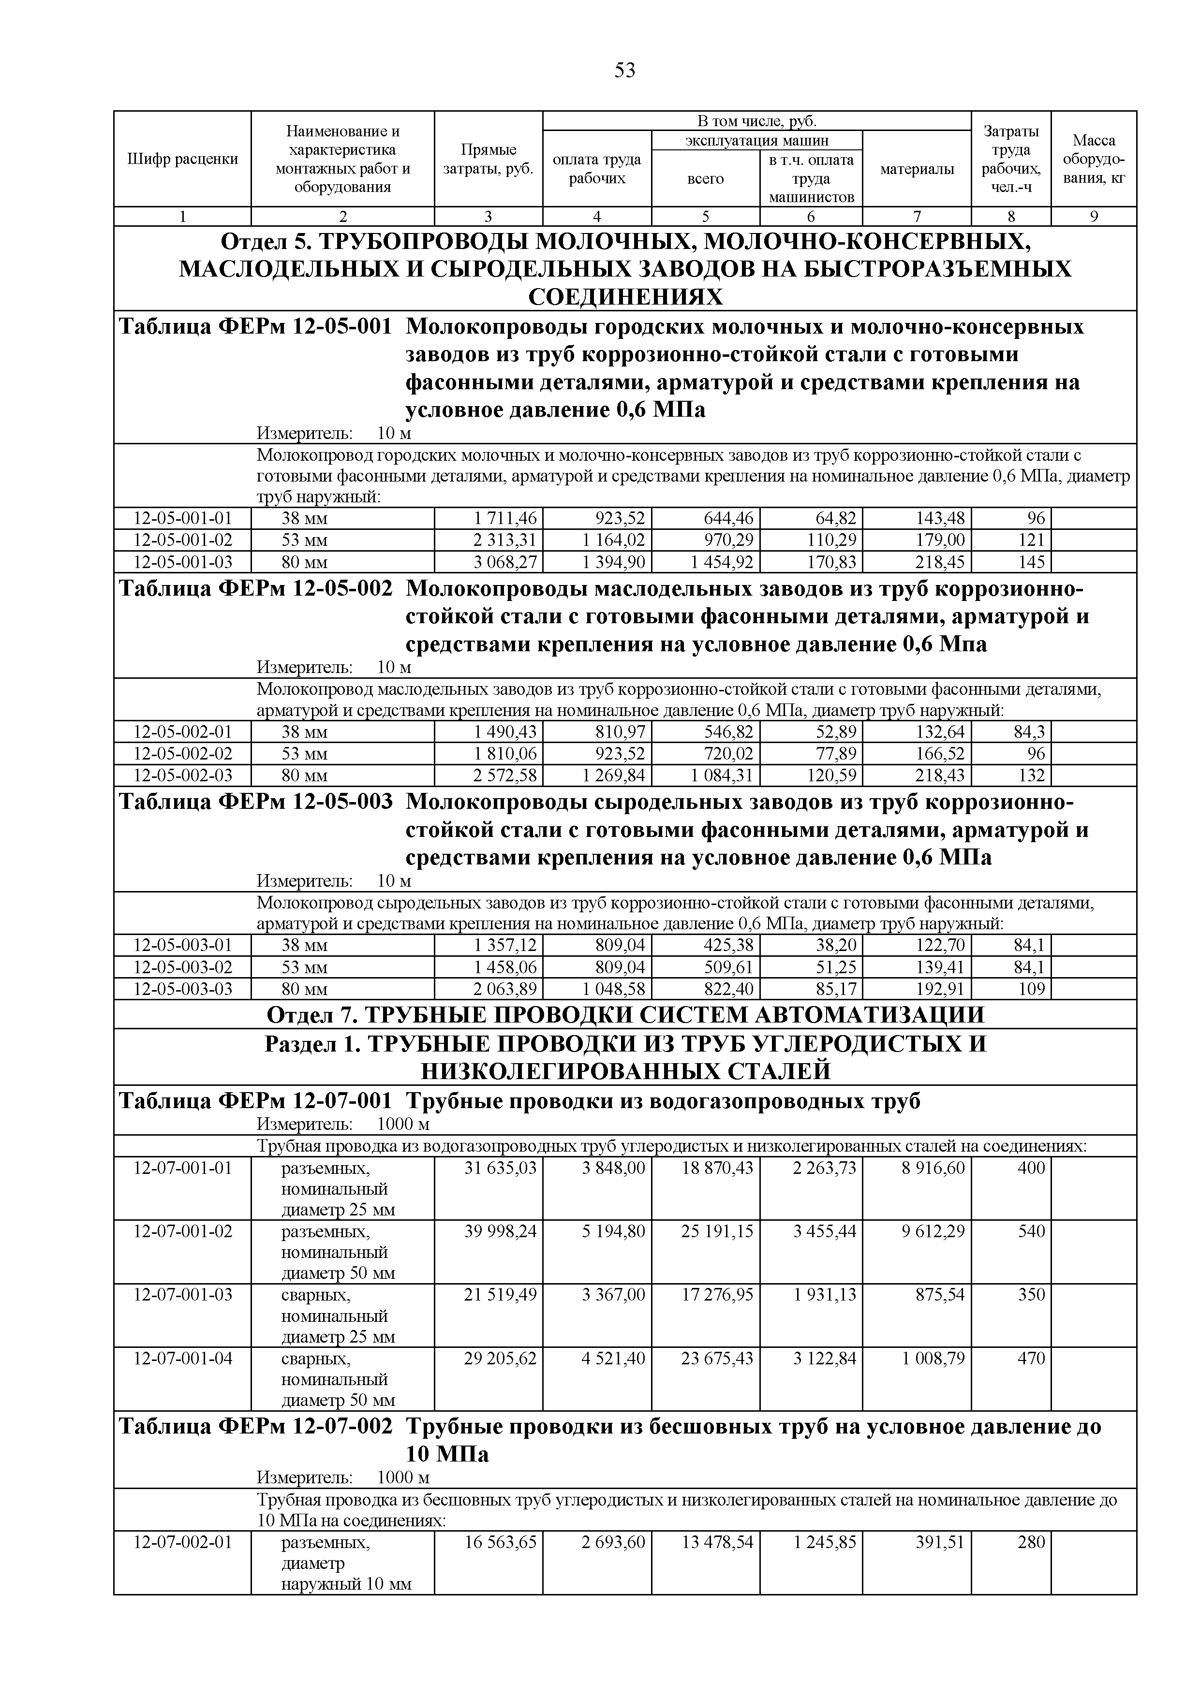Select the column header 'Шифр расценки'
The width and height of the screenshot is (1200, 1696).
[182, 159]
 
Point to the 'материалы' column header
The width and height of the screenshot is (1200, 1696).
[917, 169]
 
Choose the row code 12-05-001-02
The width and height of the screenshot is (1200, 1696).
[182, 540]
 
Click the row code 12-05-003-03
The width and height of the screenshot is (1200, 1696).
[182, 989]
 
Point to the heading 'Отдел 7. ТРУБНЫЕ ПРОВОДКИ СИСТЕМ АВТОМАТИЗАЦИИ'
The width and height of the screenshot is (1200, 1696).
[624, 1015]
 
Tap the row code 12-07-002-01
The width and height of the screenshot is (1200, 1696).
[182, 1542]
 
